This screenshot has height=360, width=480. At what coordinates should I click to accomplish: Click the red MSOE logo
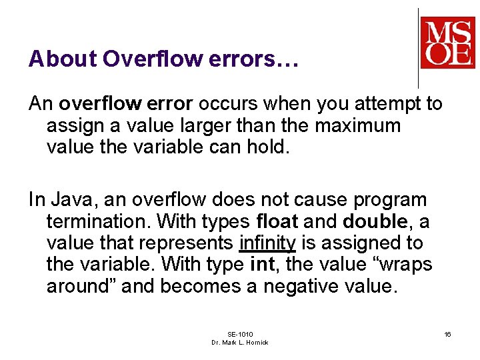click(447, 42)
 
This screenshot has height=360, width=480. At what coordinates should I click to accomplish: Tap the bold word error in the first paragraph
click(169, 104)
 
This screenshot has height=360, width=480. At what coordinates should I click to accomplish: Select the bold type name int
click(261, 265)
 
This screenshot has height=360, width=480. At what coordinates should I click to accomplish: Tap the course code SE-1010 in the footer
click(240, 334)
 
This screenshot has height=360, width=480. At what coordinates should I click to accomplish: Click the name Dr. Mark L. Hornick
click(240, 342)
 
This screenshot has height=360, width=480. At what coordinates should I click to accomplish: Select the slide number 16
click(447, 333)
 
